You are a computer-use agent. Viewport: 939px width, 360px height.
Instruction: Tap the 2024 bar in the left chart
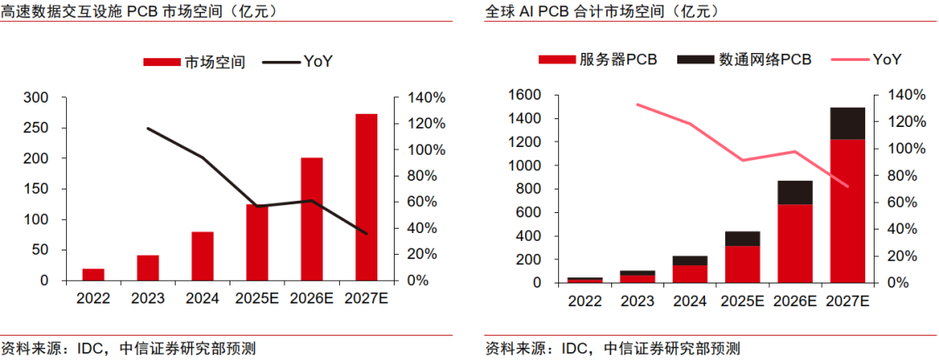pos(203,256)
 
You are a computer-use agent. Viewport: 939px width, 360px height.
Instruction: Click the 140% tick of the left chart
pos(423,97)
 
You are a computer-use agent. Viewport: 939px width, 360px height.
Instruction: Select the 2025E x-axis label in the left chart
pos(256,298)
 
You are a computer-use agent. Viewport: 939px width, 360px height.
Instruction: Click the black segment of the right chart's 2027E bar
pos(848,123)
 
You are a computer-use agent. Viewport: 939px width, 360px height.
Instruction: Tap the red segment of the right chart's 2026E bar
pos(795,243)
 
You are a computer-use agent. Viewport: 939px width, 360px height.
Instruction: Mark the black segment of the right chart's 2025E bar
pos(742,239)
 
